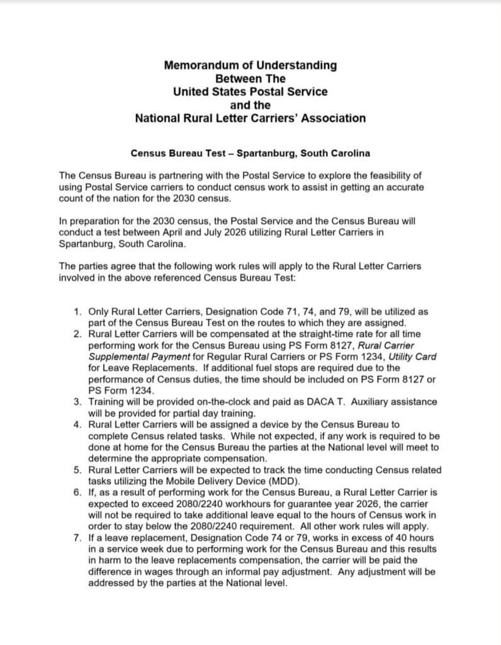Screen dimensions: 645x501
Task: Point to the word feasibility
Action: point(395,176)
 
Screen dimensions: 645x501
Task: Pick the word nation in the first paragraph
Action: point(112,198)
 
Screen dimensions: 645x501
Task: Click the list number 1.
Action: point(77,311)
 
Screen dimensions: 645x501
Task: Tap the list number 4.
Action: point(77,425)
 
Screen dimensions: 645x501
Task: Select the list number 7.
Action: point(77,538)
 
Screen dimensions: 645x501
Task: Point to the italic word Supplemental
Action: point(119,357)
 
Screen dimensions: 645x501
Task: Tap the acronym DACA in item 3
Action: point(333,402)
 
